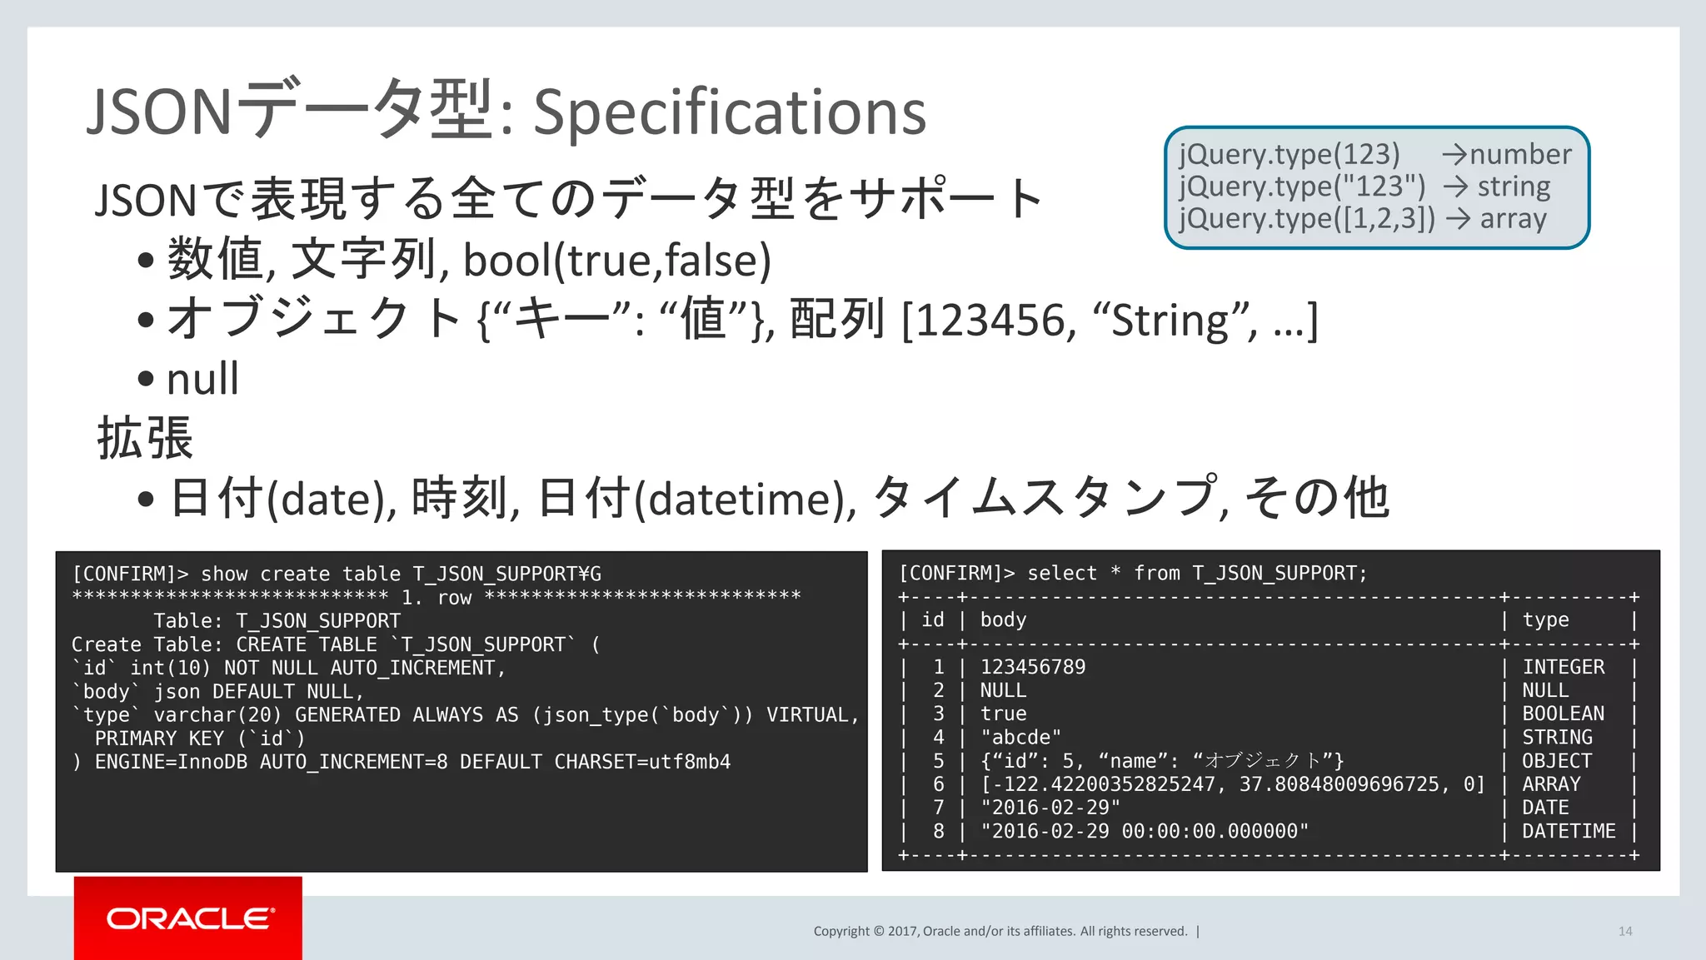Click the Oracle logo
[189, 918]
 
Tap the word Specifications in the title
[729, 112]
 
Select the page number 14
[1624, 931]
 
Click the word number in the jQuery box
[1520, 155]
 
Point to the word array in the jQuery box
[1513, 219]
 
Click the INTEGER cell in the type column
[1563, 667]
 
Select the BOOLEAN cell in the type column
[1563, 714]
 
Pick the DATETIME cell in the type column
[1569, 831]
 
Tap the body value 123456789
[1033, 667]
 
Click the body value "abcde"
[1020, 738]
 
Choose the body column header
[1003, 620]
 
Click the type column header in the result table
[1545, 620]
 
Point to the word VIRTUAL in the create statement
[807, 715]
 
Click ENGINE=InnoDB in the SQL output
[171, 762]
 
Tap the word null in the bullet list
[202, 380]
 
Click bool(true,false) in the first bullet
[616, 261]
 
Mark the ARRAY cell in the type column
[1551, 784]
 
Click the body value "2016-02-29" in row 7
[1050, 808]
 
